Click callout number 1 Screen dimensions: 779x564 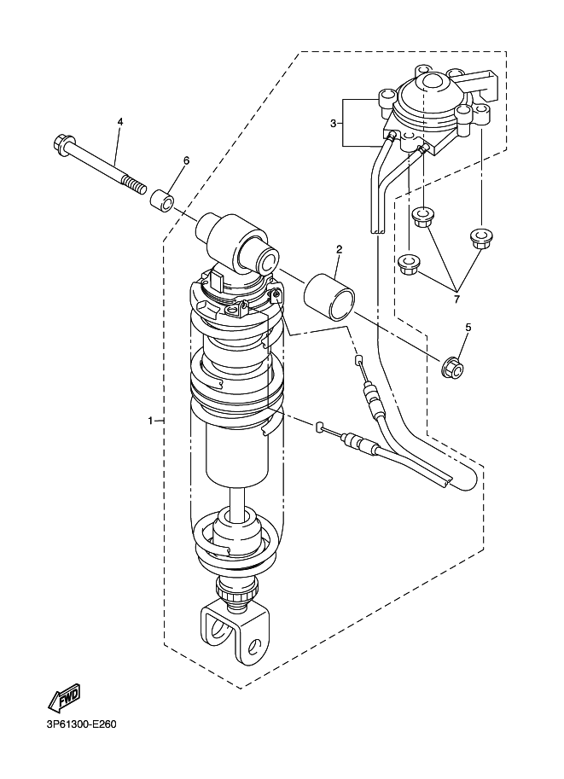click(x=151, y=421)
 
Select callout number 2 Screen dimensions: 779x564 click(x=339, y=250)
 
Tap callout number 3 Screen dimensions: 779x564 click(x=334, y=124)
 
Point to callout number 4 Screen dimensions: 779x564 click(x=120, y=122)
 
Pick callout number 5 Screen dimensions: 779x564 click(x=468, y=327)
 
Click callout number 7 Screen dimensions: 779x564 click(x=456, y=299)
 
